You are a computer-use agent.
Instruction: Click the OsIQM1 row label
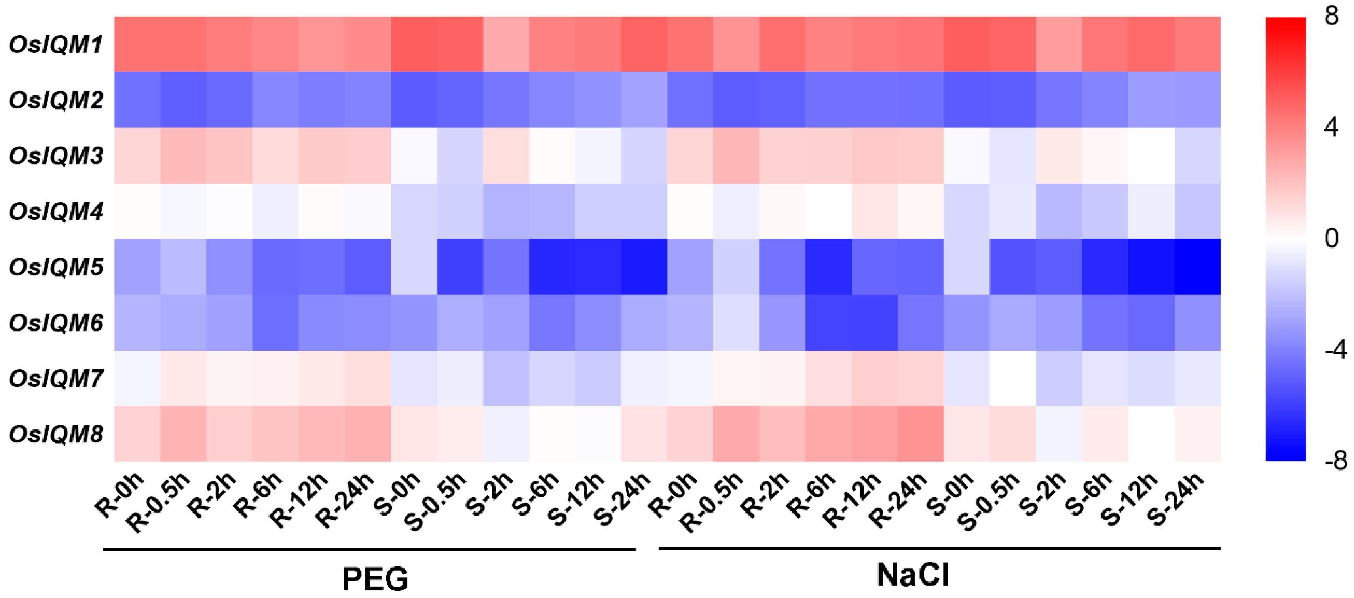click(56, 45)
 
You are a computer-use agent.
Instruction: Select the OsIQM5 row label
click(56, 267)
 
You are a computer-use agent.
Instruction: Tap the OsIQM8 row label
click(56, 434)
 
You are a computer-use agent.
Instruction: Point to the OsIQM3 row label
click(56, 156)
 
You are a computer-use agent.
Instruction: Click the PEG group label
click(375, 579)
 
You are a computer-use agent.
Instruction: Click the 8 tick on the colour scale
click(1331, 16)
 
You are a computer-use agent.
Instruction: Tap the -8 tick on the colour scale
click(1335, 461)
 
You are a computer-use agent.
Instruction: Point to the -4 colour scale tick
click(1335, 349)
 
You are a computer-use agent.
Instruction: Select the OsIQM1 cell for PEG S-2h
click(506, 45)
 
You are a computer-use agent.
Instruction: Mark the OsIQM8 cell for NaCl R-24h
click(921, 434)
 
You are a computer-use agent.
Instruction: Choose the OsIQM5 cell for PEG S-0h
click(414, 267)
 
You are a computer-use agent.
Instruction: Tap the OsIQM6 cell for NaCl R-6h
click(828, 323)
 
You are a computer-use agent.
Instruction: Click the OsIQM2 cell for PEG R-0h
click(137, 100)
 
